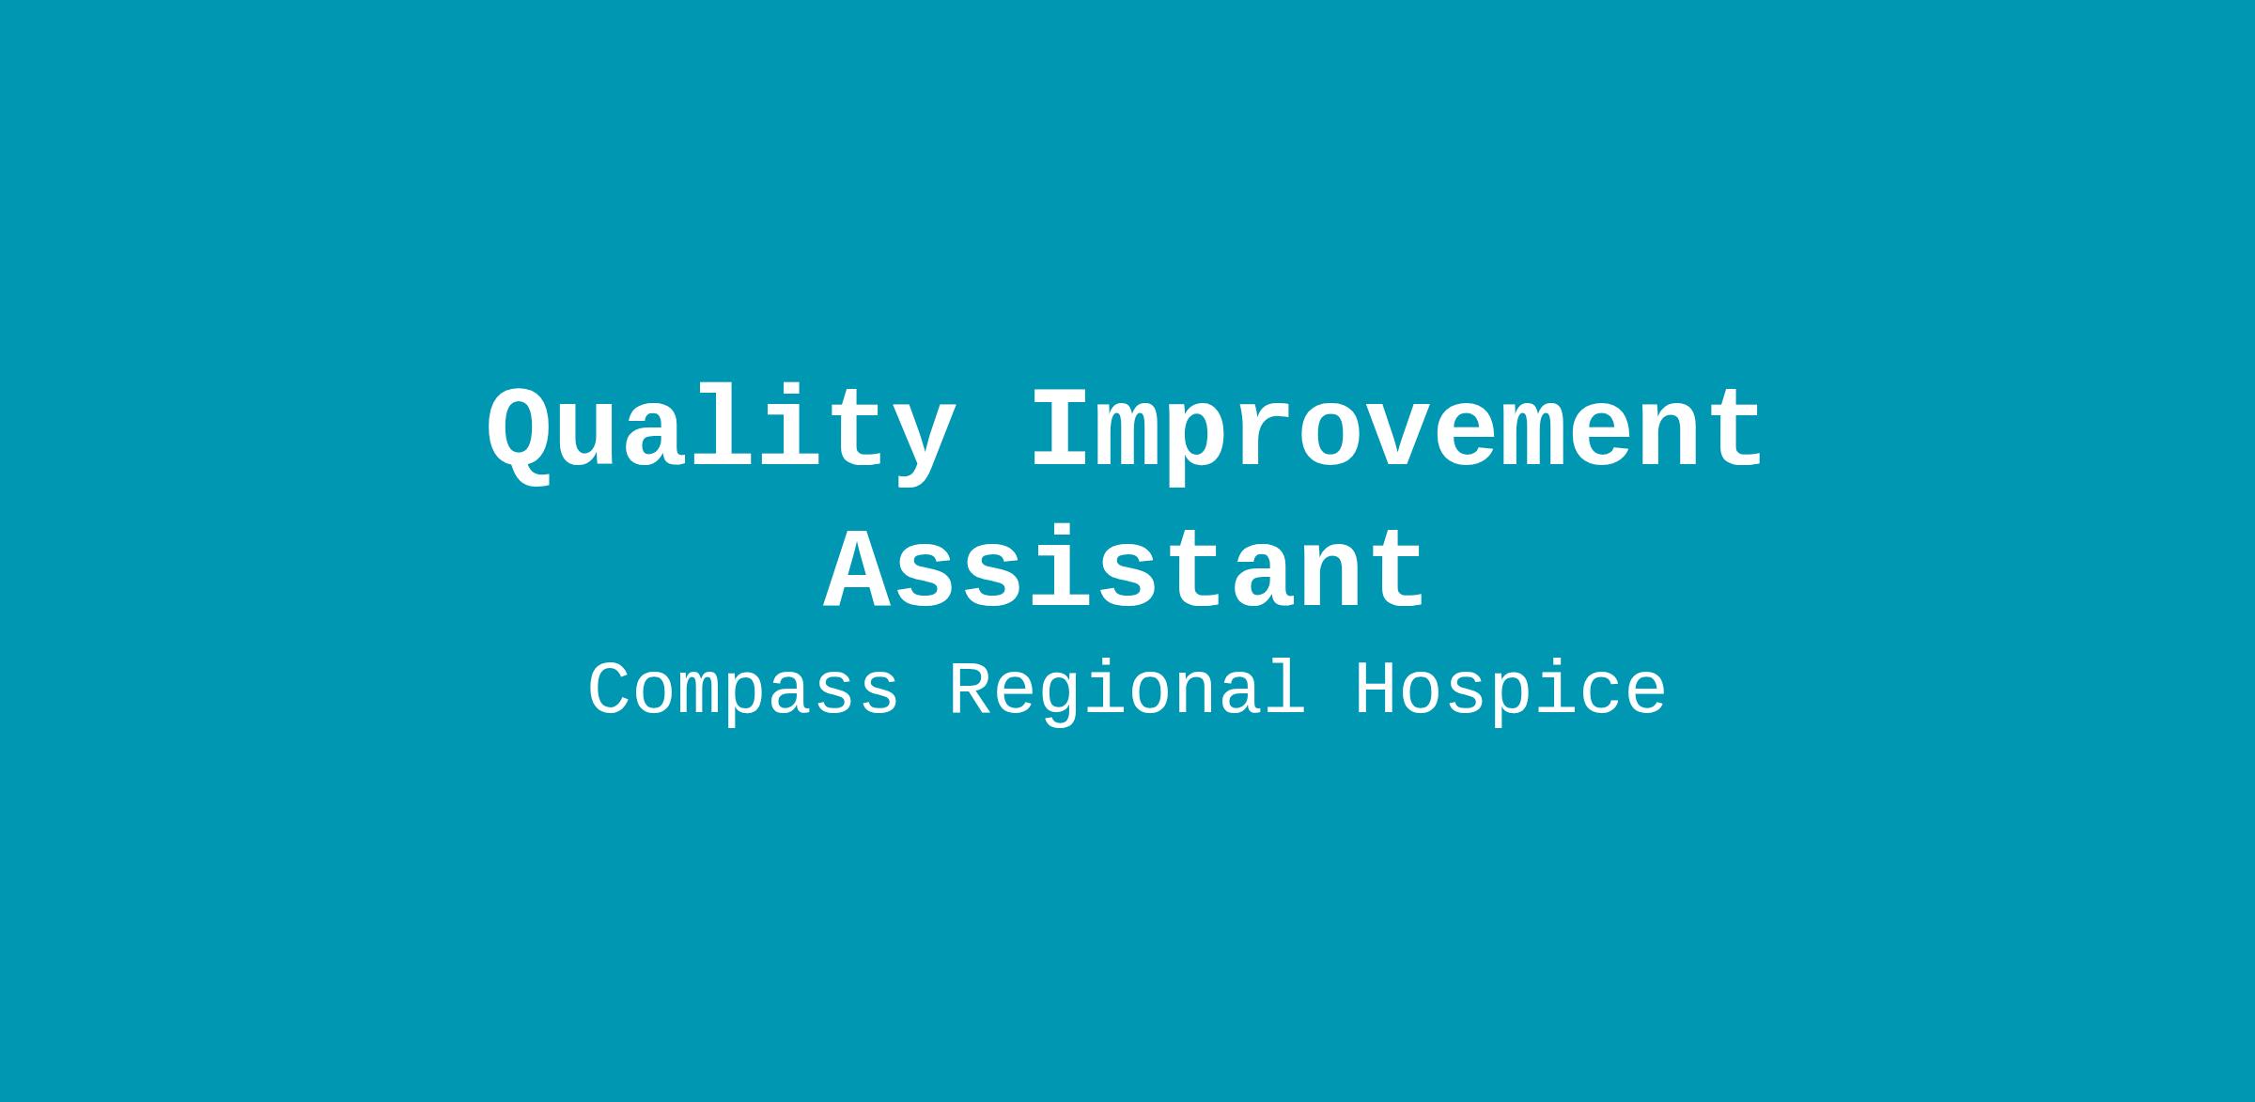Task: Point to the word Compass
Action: [743, 691]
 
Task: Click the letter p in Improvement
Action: [1198, 445]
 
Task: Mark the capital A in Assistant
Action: [858, 567]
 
